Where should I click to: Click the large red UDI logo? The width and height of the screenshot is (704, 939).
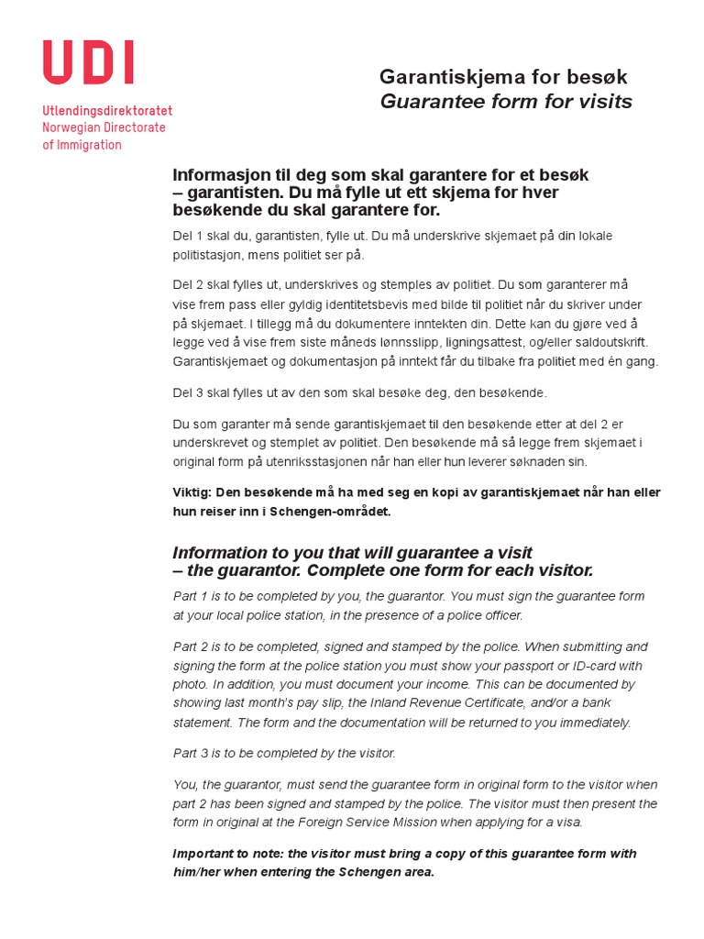88,63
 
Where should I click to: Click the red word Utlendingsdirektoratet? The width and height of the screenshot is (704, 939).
106,111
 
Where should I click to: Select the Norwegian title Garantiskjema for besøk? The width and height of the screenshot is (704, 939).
503,77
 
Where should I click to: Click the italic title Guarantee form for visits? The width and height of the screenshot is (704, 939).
506,102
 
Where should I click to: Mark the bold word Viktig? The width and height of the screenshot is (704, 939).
192,492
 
